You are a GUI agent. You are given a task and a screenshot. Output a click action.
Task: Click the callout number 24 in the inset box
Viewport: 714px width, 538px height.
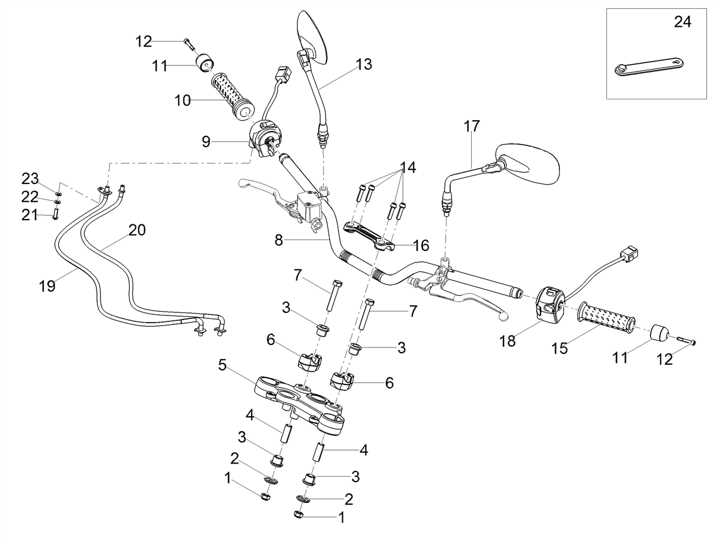pos(682,23)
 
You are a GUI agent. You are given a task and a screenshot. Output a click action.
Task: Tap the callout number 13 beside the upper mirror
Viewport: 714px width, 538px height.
pos(364,64)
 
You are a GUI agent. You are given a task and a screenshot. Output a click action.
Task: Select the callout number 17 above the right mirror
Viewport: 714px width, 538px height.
pos(472,126)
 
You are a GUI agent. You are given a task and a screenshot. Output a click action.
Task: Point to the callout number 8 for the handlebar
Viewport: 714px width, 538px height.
pos(279,240)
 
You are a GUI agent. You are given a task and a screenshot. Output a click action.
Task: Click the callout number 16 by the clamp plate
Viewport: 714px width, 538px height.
pos(421,246)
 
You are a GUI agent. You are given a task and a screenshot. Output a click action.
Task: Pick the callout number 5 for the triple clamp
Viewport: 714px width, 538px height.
pos(222,365)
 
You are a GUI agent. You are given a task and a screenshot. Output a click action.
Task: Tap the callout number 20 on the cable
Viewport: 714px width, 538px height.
pos(137,230)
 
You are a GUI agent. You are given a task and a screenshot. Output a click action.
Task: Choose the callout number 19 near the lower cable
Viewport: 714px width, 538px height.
pos(47,286)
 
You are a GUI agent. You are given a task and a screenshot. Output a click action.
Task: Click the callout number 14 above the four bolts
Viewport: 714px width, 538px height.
pos(408,168)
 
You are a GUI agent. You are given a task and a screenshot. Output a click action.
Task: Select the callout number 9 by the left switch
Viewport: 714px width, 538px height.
pos(206,142)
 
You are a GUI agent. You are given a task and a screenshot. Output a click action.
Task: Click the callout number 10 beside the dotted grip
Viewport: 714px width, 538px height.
pos(183,101)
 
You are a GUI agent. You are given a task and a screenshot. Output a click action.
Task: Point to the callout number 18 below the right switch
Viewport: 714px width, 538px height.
pos(508,341)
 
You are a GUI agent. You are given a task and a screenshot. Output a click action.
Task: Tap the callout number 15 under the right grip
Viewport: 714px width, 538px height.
pos(560,348)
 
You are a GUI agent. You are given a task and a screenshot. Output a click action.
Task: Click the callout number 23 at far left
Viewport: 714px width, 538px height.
pos(30,179)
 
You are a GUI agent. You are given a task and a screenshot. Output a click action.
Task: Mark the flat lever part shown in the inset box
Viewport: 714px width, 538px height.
pos(650,70)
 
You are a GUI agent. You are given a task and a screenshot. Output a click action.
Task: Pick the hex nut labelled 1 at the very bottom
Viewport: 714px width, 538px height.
pos(299,514)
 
